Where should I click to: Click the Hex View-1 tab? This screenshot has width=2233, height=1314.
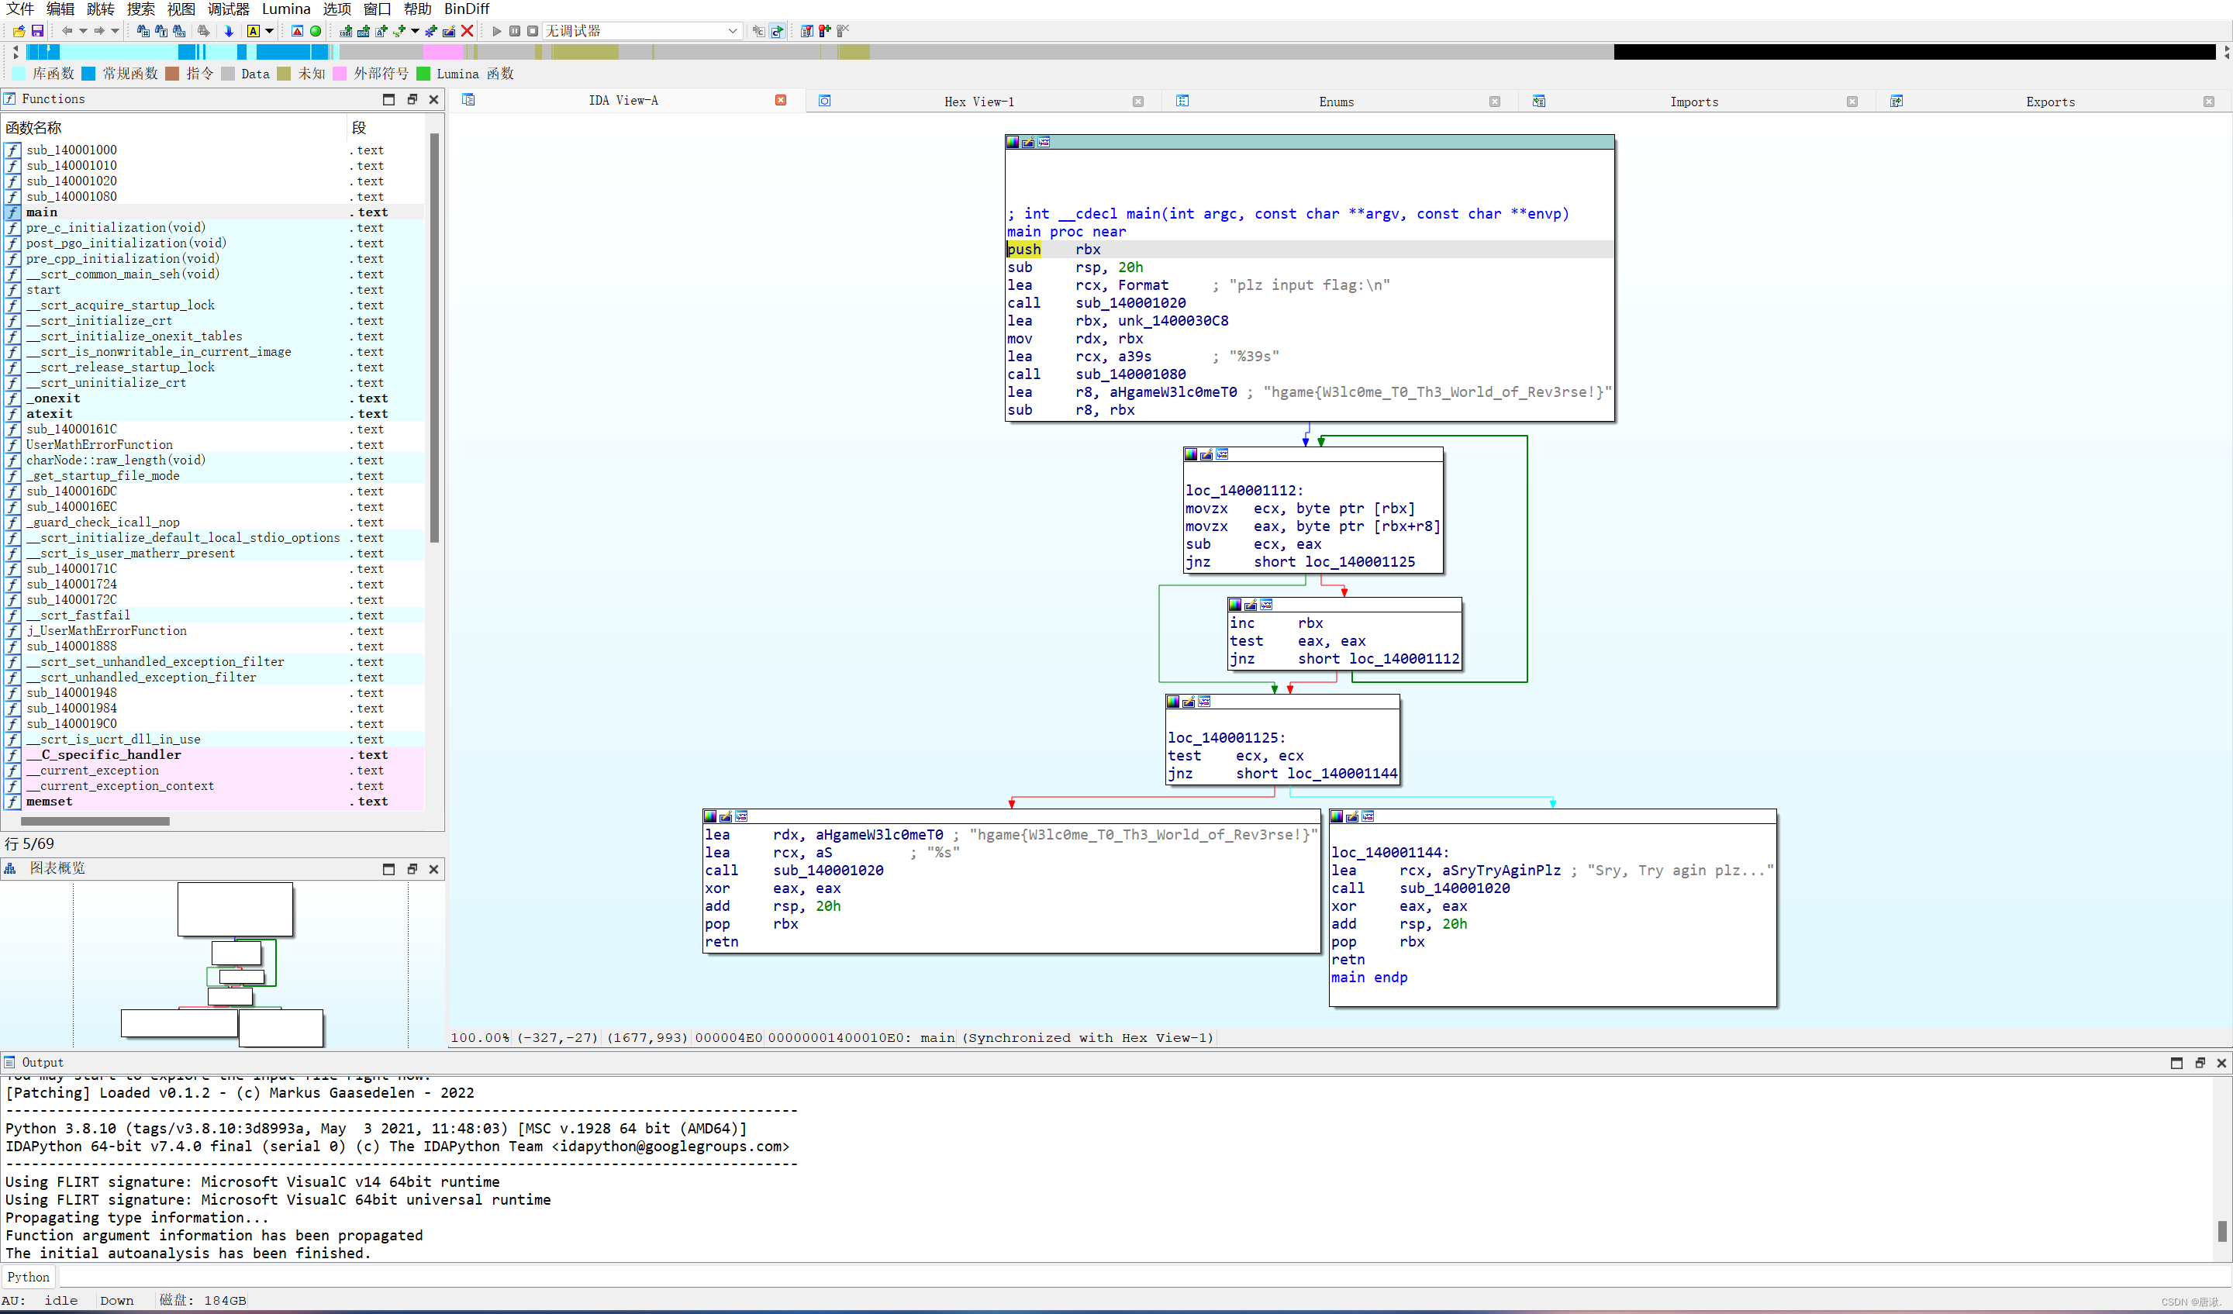click(x=978, y=102)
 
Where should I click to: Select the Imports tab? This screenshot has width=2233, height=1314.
click(x=1693, y=102)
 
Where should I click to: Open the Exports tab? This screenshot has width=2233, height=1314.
click(x=2049, y=102)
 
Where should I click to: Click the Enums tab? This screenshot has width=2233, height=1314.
click(x=1335, y=102)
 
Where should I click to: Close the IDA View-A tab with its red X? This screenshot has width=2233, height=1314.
click(x=781, y=100)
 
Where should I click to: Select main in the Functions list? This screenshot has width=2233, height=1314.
click(x=42, y=212)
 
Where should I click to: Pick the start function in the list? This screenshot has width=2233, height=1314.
click(x=43, y=290)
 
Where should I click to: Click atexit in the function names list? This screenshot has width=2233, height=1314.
click(x=50, y=414)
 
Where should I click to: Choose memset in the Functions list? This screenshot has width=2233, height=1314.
click(x=50, y=802)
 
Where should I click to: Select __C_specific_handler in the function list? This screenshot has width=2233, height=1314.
click(x=104, y=755)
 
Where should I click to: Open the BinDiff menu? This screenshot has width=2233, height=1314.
click(x=466, y=9)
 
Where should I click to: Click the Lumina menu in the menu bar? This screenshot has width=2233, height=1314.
click(x=285, y=9)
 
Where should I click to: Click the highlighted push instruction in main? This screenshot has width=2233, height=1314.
click(x=1023, y=250)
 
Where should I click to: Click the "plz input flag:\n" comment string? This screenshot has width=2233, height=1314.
click(x=1309, y=285)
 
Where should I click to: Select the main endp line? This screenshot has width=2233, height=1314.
click(x=1368, y=978)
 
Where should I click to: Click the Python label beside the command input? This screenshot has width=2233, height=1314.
click(x=29, y=1278)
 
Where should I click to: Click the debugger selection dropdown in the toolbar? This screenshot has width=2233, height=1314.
click(x=641, y=31)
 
